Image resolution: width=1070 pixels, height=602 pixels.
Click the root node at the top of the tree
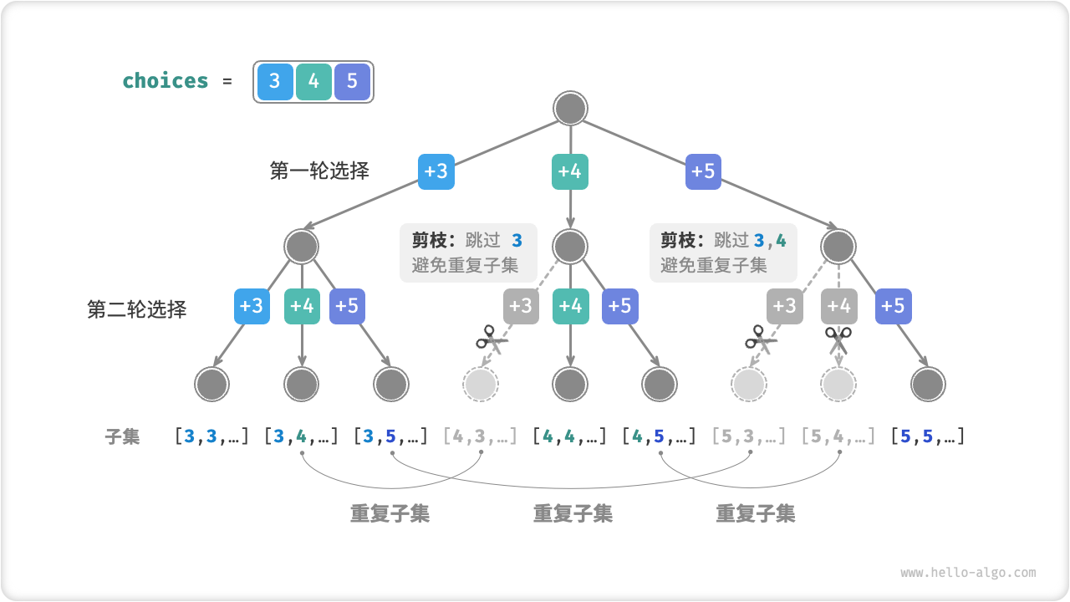click(x=570, y=109)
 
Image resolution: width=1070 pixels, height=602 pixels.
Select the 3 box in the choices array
click(x=275, y=81)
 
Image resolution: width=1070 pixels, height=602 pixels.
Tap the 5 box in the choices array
click(x=352, y=81)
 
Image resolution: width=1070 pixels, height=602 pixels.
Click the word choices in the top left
click(x=166, y=81)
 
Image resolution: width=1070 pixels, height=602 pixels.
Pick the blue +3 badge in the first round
click(x=436, y=171)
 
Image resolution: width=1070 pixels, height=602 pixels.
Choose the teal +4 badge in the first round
click(x=570, y=171)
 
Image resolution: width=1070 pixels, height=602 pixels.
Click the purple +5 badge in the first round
click(x=703, y=171)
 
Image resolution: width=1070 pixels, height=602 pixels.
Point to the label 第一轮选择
click(x=319, y=171)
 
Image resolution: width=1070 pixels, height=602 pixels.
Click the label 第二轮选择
click(x=137, y=309)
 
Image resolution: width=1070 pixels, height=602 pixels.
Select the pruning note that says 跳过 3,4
click(x=723, y=253)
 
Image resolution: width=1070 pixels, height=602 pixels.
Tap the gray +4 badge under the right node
click(x=838, y=306)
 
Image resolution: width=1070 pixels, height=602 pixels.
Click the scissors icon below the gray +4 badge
click(x=838, y=340)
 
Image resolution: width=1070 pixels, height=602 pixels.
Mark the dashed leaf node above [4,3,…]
click(x=481, y=385)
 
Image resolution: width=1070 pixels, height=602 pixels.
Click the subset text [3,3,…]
click(x=211, y=436)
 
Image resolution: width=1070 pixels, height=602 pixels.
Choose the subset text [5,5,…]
click(x=928, y=436)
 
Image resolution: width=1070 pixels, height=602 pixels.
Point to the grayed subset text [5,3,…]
click(x=749, y=436)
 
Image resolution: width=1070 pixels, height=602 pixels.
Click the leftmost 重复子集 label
click(x=390, y=513)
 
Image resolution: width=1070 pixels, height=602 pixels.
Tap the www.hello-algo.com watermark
click(x=968, y=573)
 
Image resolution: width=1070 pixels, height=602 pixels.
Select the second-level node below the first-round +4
click(x=570, y=247)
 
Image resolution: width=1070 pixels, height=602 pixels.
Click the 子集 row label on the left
click(x=122, y=436)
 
